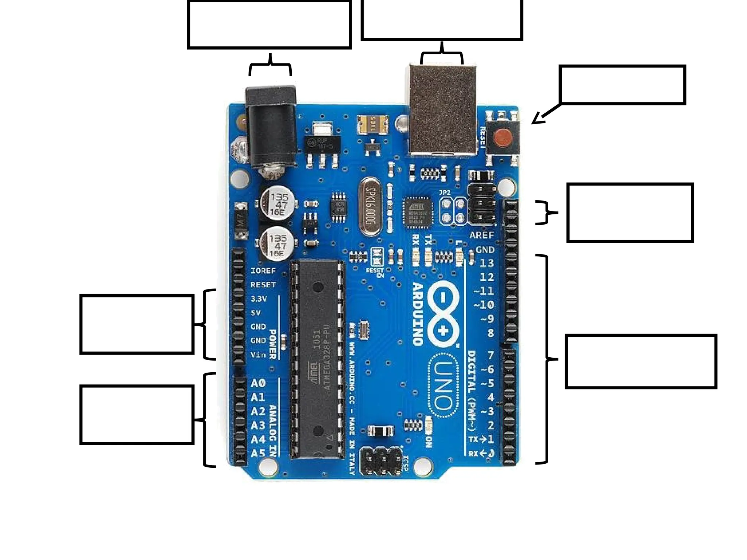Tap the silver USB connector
point(442,109)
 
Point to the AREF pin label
point(481,235)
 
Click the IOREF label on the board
point(263,271)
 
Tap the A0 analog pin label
point(258,383)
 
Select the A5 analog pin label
point(258,453)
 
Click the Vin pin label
point(258,354)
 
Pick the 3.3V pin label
point(259,299)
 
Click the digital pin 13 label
point(487,263)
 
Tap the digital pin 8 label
point(491,333)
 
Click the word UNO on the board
point(444,385)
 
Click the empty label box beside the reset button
point(622,85)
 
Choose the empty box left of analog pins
point(136,415)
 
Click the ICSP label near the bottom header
point(405,463)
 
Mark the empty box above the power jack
point(269,24)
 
